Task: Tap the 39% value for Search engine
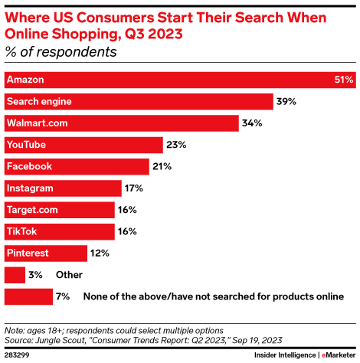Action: (286, 101)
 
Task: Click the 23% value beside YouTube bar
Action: (175, 144)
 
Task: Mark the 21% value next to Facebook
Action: (161, 166)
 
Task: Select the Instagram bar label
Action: (29, 188)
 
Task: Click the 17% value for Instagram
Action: (133, 188)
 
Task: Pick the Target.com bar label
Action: (32, 209)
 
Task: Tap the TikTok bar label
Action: (21, 231)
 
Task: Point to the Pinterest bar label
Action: (28, 252)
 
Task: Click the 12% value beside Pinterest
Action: (100, 252)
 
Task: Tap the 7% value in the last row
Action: (64, 296)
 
